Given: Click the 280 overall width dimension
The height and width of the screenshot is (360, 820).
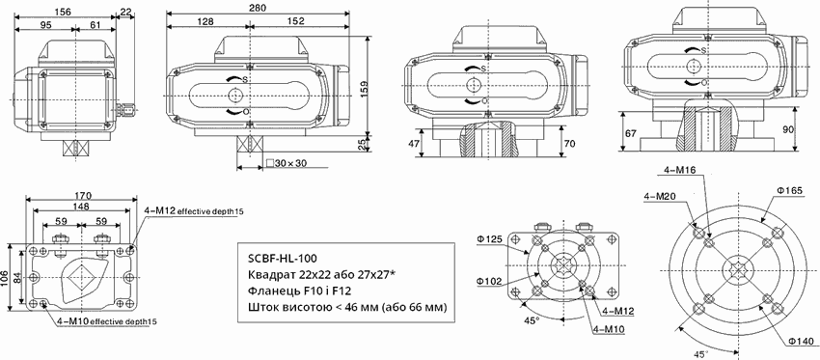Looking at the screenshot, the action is [x=258, y=8].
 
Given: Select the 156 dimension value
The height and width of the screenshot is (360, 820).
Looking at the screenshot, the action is [x=63, y=11].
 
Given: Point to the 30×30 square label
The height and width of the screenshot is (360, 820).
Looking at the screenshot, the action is [x=287, y=163].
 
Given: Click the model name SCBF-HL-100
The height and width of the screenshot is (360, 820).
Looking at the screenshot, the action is [x=282, y=259].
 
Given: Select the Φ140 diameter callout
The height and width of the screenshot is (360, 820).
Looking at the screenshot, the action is [x=802, y=342].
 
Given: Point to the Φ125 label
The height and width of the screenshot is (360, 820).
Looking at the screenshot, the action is [x=489, y=239].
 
